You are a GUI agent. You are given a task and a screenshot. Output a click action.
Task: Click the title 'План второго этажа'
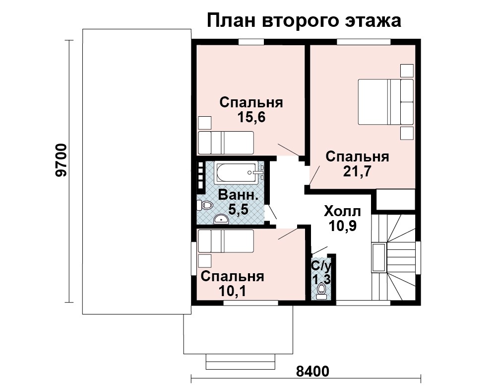point(304,21)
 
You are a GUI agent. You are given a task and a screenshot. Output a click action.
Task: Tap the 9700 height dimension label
point(61,160)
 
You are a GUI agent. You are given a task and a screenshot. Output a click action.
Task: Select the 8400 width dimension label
point(312,371)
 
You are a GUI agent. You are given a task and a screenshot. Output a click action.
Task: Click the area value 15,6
point(251,117)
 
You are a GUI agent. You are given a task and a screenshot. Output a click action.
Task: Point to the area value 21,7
point(357,171)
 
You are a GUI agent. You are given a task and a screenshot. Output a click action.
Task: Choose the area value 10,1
point(232,290)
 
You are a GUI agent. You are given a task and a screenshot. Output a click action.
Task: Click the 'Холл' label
point(342,211)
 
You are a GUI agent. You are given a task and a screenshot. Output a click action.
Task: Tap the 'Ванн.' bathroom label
point(238,195)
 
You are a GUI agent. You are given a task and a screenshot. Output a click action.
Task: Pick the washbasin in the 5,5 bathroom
point(221,219)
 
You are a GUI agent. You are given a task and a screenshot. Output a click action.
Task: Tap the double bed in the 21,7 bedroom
point(385,102)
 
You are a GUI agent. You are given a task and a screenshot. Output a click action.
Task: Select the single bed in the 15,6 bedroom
point(226,143)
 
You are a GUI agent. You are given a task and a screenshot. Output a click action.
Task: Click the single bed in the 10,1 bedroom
point(226,241)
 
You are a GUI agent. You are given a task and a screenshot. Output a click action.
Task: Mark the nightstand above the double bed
point(407,71)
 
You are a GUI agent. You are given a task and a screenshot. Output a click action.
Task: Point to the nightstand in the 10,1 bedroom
point(204,261)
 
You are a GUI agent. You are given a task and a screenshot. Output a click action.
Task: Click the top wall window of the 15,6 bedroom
point(251,42)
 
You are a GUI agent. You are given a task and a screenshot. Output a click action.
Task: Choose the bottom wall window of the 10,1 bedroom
point(251,303)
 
